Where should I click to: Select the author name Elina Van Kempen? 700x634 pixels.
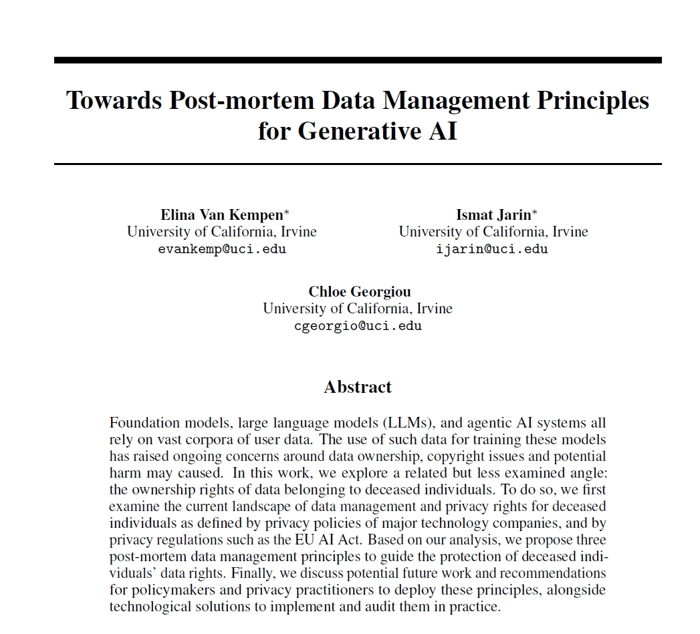[221, 214]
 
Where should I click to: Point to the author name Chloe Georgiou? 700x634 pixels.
[359, 291]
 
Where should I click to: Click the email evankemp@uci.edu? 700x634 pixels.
[222, 249]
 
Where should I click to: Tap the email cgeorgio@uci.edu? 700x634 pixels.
[358, 326]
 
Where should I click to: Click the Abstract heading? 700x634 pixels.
[358, 387]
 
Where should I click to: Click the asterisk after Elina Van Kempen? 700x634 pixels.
[287, 212]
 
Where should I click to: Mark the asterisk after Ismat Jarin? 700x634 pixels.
[535, 212]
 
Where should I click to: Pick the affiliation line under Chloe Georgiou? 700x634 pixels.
[358, 309]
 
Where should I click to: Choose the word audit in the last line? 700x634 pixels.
[408, 607]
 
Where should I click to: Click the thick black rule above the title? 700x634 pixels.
[358, 60]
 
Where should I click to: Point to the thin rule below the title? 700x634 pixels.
[358, 163]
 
